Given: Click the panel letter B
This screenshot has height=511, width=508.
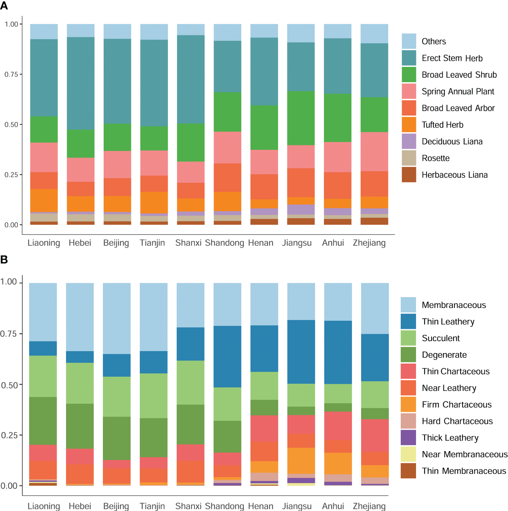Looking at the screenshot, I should pyautogui.click(x=4, y=259).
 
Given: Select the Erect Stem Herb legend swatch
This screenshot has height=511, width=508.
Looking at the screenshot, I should pyautogui.click(x=409, y=58).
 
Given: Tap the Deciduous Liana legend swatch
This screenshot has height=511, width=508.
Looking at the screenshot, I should pyautogui.click(x=409, y=141).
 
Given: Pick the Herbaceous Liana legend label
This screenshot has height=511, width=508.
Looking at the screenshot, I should pyautogui.click(x=454, y=175).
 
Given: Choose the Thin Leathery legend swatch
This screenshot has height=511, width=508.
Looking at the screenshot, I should pyautogui.click(x=408, y=322).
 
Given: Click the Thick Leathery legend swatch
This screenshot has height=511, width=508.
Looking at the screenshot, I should pyautogui.click(x=408, y=437).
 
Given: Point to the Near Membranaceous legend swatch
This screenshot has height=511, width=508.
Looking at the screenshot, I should pyautogui.click(x=408, y=454).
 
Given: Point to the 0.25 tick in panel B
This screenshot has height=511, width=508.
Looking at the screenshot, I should pyautogui.click(x=9, y=435).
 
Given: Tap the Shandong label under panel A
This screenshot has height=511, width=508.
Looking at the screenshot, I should pyautogui.click(x=224, y=243).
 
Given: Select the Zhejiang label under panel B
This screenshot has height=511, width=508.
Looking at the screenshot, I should pyautogui.click(x=369, y=506).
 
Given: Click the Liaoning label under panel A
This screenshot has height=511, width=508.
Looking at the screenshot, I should pyautogui.click(x=44, y=243).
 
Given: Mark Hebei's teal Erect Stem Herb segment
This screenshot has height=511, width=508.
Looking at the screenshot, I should pyautogui.click(x=81, y=83).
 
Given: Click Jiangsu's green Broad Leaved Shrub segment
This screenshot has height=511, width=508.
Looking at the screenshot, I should pyautogui.click(x=301, y=118).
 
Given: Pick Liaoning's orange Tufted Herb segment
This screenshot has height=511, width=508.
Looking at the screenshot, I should pyautogui.click(x=44, y=200).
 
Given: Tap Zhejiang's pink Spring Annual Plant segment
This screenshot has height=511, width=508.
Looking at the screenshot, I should pyautogui.click(x=374, y=152).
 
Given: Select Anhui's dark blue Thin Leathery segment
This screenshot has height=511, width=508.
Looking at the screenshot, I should pyautogui.click(x=338, y=352).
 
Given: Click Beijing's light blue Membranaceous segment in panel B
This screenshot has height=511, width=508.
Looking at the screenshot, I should pyautogui.click(x=117, y=318).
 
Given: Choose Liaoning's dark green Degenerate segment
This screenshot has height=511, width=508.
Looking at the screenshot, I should pyautogui.click(x=43, y=421).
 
